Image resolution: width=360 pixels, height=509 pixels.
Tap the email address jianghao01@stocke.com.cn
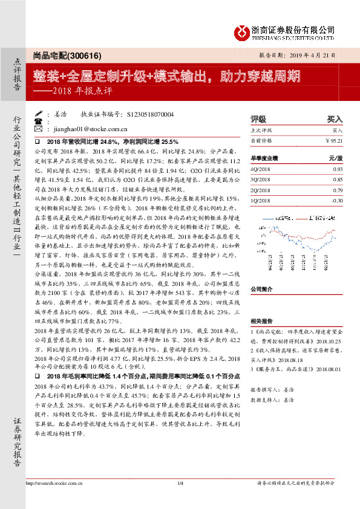(90, 129)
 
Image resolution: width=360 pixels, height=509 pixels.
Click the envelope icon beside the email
(39, 129)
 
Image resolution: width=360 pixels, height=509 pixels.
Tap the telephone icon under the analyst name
(39, 121)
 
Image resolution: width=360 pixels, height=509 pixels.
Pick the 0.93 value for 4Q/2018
(337, 169)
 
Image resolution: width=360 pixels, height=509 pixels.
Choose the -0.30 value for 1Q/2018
(337, 200)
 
